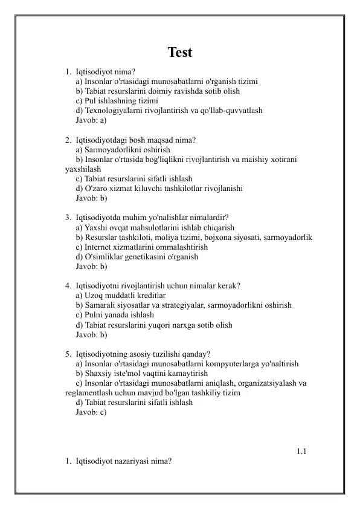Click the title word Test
pos(180,53)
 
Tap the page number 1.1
pos(302,451)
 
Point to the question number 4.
pos(68,285)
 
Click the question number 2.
pos(68,140)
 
